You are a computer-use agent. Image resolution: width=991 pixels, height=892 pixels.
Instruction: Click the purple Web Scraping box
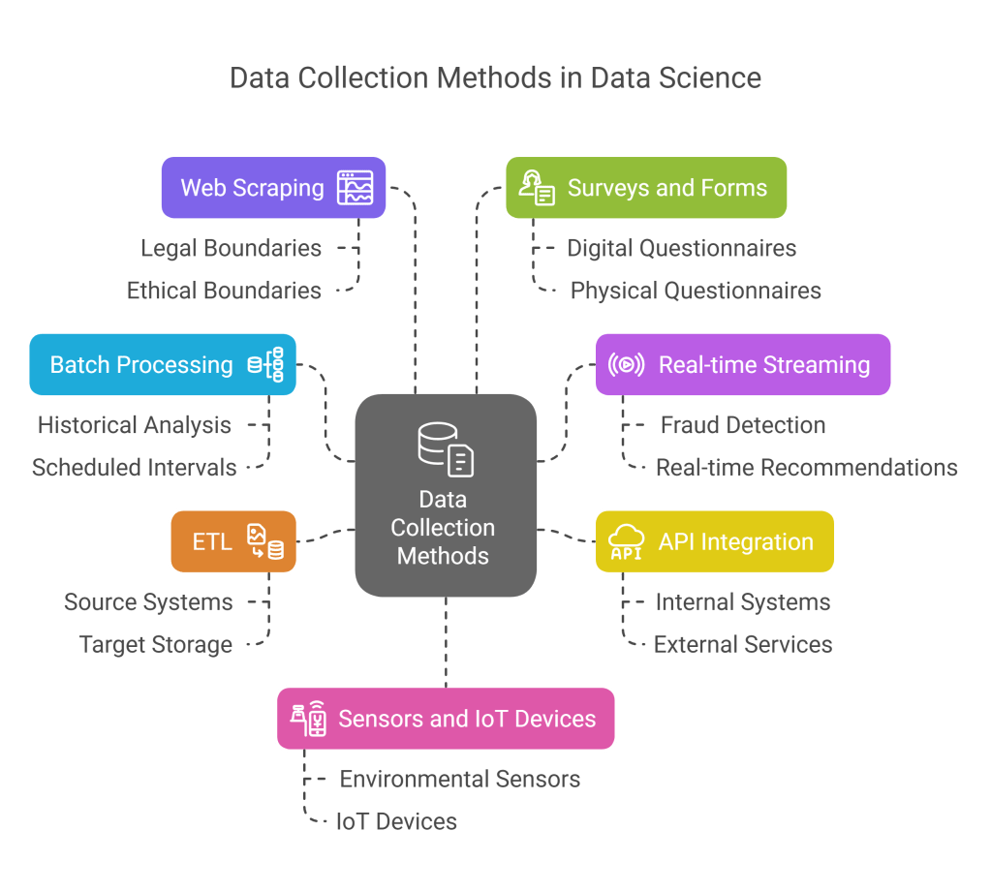273,187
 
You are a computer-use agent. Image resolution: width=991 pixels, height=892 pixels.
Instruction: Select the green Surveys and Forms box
646,187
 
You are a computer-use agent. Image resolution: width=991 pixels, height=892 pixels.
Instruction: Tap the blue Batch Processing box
163,365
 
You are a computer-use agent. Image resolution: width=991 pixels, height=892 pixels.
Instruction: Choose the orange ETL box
232,541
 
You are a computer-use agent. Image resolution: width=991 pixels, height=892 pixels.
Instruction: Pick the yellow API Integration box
715,541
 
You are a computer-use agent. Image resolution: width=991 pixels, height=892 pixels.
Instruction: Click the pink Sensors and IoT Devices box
446,719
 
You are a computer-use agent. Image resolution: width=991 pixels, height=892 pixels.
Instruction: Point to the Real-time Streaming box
742,365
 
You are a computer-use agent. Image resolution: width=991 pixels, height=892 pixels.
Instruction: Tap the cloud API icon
627,541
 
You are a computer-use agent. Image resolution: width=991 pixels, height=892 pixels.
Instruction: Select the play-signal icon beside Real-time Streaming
626,365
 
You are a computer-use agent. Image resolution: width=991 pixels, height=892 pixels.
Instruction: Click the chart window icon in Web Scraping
355,187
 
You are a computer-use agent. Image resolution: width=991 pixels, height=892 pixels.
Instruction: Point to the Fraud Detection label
743,425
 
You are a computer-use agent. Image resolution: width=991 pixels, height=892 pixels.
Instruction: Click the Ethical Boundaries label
224,291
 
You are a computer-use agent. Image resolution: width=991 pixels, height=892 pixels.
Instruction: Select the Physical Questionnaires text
696,291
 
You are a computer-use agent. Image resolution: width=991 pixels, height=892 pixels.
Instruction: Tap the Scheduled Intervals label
135,468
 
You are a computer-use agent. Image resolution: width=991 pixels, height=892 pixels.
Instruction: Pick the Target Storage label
156,645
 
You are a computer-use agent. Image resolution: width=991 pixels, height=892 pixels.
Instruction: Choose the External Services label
743,645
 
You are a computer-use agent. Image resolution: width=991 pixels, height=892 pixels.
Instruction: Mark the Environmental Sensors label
459,779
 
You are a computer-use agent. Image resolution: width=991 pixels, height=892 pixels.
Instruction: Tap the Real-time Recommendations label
806,468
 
